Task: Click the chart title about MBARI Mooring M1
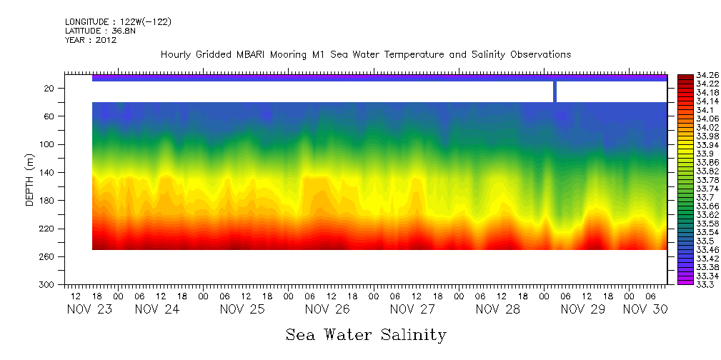pyautogui.click(x=366, y=54)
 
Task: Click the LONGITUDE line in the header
pyautogui.click(x=118, y=22)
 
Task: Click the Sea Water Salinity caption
pyautogui.click(x=366, y=334)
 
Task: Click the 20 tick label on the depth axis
pyautogui.click(x=50, y=88)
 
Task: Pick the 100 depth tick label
pyautogui.click(x=48, y=144)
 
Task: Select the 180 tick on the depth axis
pyautogui.click(x=48, y=201)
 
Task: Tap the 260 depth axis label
pyautogui.click(x=48, y=256)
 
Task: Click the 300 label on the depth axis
pyautogui.click(x=48, y=284)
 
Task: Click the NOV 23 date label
pyautogui.click(x=90, y=309)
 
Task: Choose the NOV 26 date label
pyautogui.click(x=328, y=309)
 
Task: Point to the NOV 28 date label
pyautogui.click(x=498, y=309)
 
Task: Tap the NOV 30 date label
pyautogui.click(x=645, y=309)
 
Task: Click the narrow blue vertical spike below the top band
pyautogui.click(x=555, y=91)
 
